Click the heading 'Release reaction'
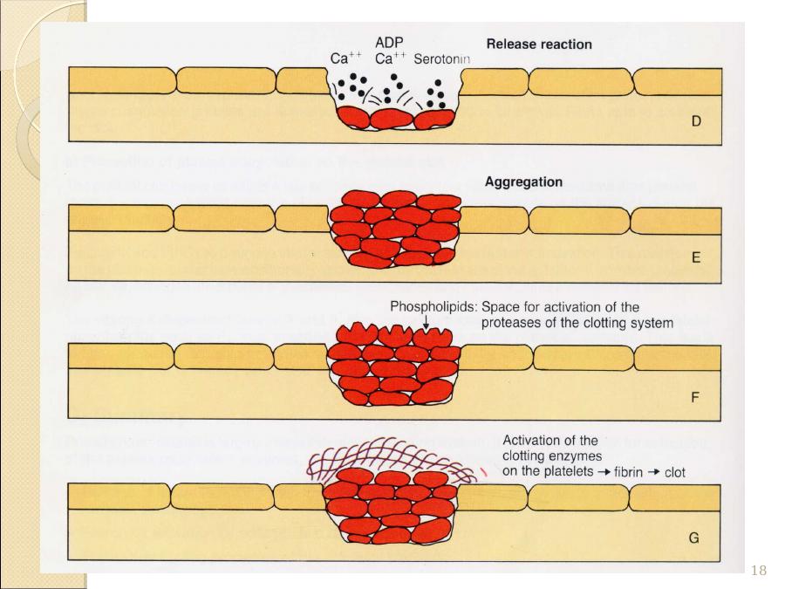538,44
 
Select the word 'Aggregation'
523,183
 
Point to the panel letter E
695,259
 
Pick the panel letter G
694,538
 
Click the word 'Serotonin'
442,59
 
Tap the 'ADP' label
388,42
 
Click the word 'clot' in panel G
674,473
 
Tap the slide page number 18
758,571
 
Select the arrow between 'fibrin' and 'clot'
655,473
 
